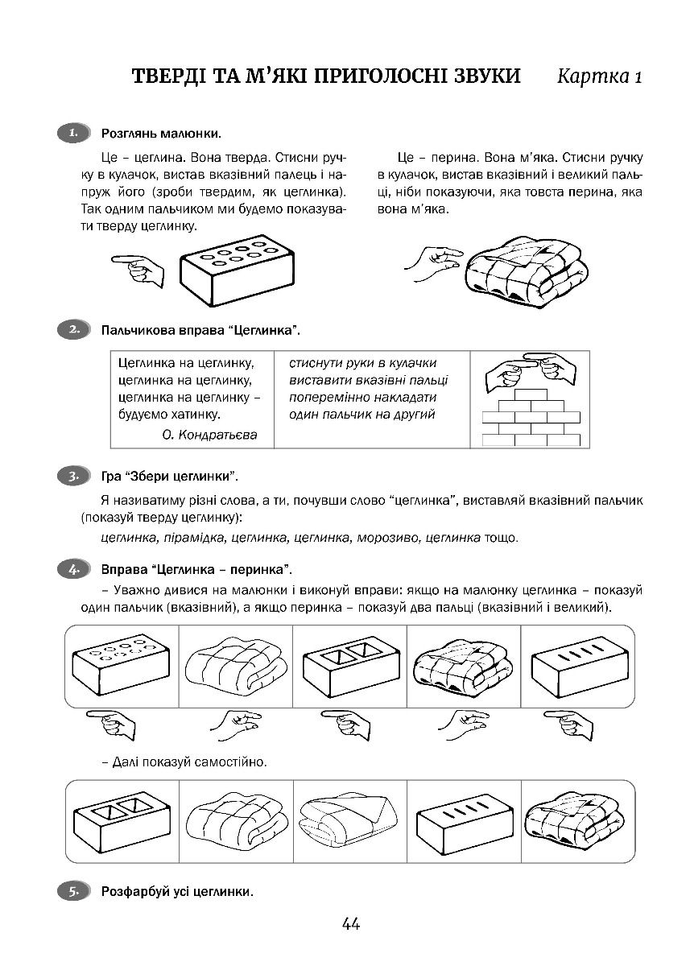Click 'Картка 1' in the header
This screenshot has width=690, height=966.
click(x=600, y=77)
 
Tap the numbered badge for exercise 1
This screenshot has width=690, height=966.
click(x=73, y=132)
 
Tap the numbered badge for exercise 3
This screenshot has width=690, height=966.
click(x=73, y=476)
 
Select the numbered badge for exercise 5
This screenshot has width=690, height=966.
click(x=73, y=891)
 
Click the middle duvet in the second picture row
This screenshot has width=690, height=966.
click(x=347, y=821)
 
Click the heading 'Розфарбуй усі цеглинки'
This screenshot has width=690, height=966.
click(x=177, y=892)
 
